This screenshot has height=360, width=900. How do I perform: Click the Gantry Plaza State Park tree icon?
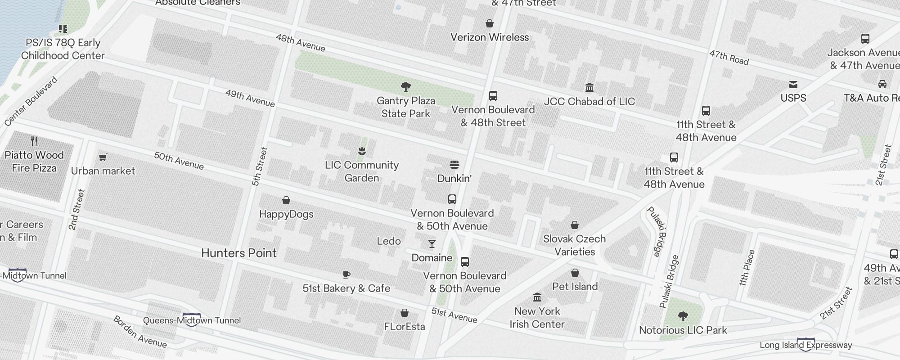pos(405,86)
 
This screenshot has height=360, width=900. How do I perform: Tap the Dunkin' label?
pos(454,179)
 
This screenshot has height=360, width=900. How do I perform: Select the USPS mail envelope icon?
pos(793,85)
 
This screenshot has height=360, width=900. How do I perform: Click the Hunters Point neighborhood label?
pos(239,253)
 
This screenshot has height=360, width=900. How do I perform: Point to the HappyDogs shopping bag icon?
pos(286,200)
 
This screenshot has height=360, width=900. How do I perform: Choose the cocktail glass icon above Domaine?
pos(432,244)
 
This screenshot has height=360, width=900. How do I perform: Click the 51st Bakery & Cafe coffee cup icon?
pos(346,274)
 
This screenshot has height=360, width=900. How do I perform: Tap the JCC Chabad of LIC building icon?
pos(589,87)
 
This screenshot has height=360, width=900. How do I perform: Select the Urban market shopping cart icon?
pos(103,157)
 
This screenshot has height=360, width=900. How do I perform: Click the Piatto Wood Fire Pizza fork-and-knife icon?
pos(34,141)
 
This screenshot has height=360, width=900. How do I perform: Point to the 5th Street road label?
pos(260,166)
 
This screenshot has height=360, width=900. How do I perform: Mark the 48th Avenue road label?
pos(300,43)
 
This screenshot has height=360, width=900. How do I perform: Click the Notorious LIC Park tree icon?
pos(683,316)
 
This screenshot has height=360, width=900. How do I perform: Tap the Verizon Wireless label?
pos(490,37)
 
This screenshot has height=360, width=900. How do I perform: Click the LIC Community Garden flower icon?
pos(362,151)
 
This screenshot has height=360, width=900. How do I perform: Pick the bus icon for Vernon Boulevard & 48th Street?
pos(493,96)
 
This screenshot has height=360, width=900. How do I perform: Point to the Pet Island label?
pos(575,287)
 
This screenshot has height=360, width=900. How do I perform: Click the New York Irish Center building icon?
pos(537,297)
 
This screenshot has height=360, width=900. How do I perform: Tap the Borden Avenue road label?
pos(140,332)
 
